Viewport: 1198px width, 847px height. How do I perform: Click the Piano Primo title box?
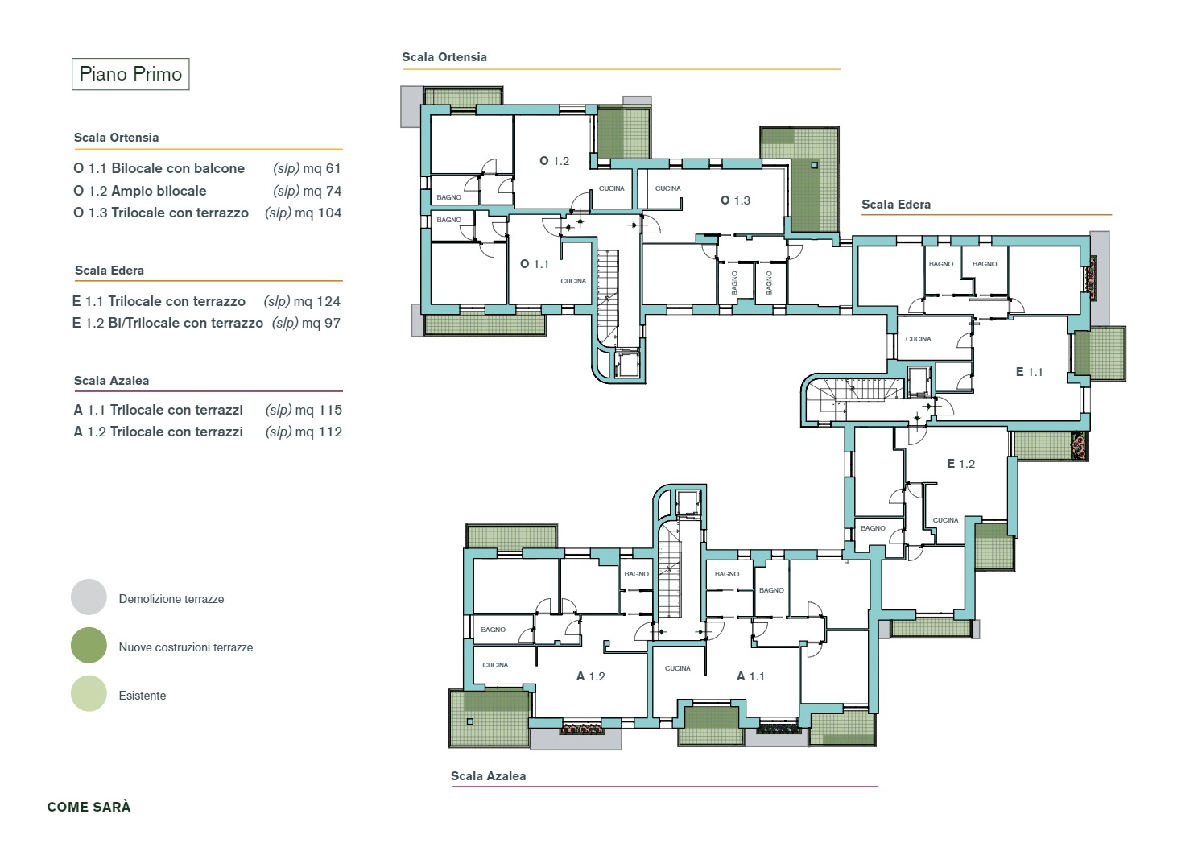(130, 74)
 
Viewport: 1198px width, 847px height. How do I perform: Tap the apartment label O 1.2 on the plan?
(554, 161)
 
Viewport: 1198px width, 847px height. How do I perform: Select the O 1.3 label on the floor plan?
(735, 200)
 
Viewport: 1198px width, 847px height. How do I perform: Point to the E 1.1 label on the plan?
(1029, 372)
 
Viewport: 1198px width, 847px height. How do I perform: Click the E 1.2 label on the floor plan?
(961, 464)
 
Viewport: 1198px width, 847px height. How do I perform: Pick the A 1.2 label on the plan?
(590, 676)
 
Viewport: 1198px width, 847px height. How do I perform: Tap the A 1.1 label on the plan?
(750, 676)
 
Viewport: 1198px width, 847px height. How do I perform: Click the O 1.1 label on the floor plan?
(535, 264)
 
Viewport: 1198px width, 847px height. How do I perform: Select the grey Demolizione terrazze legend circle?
(89, 597)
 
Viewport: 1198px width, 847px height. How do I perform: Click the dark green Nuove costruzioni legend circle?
(89, 646)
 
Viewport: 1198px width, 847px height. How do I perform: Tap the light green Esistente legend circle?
(89, 693)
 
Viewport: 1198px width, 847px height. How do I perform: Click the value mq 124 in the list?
(316, 302)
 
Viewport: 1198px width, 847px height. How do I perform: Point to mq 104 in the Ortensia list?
(318, 213)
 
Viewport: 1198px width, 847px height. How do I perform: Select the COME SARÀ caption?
(89, 807)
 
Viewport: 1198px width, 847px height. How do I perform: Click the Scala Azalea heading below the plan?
(488, 776)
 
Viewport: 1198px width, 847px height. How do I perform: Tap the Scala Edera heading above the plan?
(896, 205)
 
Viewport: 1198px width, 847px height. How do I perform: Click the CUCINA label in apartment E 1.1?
(919, 339)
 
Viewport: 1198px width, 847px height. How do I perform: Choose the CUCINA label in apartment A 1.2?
(495, 665)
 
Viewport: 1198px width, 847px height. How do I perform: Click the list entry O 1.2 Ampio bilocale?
(139, 191)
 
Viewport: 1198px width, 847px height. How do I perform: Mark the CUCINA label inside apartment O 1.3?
(668, 188)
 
